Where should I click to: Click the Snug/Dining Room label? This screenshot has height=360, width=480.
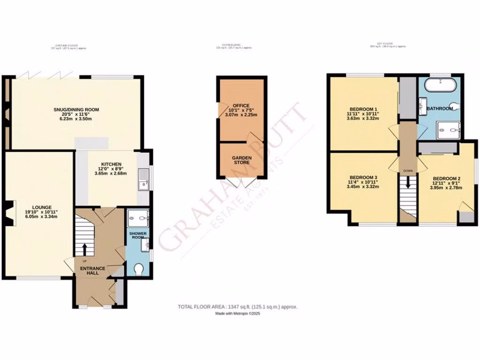(x=76, y=110)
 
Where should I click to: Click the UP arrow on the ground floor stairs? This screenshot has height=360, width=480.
(x=85, y=249)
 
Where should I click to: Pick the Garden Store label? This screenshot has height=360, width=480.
(x=241, y=158)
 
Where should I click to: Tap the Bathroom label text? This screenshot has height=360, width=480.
(x=439, y=109)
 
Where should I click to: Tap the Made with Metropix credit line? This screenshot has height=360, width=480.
(x=237, y=314)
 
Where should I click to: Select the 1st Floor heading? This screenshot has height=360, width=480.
(x=387, y=44)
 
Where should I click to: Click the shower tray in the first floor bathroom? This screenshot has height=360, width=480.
(x=448, y=131)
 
